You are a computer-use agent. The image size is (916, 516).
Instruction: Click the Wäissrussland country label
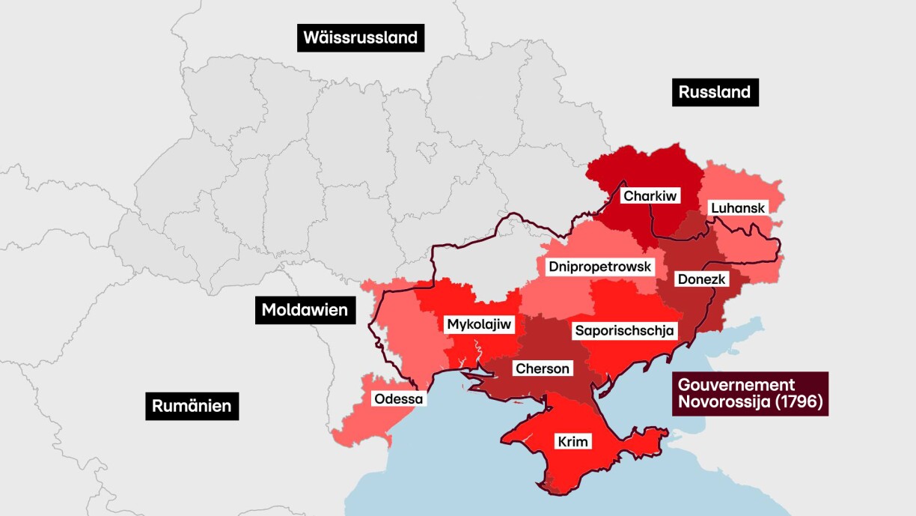(x=361, y=37)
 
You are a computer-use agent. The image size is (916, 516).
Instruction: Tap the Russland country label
(x=715, y=92)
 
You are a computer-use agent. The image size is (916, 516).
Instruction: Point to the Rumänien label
(x=192, y=406)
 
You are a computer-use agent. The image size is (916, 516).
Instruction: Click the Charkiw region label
(x=650, y=196)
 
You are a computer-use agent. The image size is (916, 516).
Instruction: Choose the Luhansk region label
(x=739, y=207)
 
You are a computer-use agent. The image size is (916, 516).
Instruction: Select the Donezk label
(x=701, y=279)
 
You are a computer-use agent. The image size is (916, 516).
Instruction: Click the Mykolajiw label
(x=479, y=324)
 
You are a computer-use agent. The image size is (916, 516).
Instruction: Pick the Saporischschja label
(x=624, y=330)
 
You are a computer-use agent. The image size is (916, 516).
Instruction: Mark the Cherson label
(x=543, y=368)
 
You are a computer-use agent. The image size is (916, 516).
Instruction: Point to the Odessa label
(x=399, y=398)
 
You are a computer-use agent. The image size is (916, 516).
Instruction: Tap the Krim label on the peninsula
(x=572, y=442)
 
